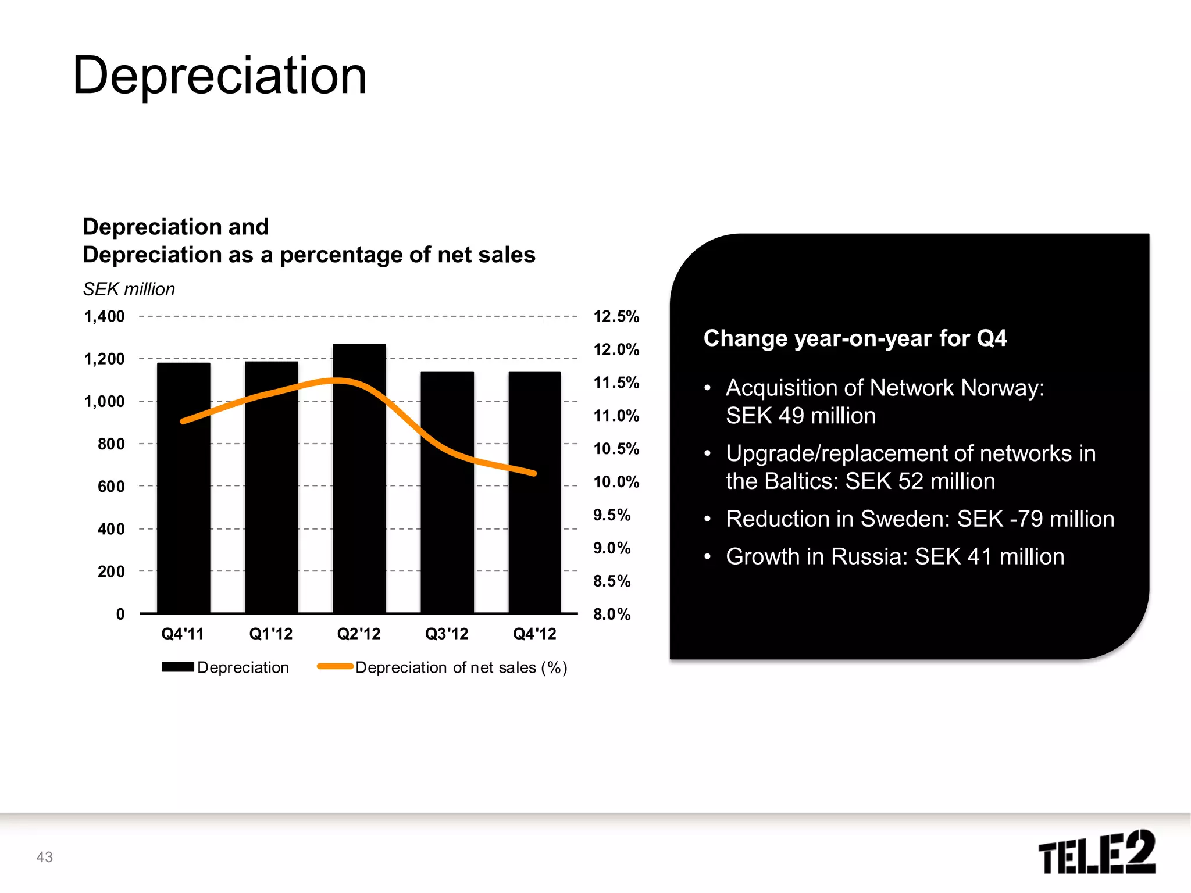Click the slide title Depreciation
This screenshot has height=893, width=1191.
[x=220, y=76]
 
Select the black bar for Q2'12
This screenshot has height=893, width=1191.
[x=359, y=494]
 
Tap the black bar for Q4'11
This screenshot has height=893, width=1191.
[x=183, y=512]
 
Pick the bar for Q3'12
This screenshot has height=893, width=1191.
[x=447, y=523]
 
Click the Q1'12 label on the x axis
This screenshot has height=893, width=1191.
[x=271, y=634]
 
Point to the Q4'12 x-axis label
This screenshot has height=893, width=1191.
[x=534, y=634]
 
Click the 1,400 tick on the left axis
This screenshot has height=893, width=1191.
[x=105, y=317]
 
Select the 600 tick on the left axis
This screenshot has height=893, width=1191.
[x=111, y=487]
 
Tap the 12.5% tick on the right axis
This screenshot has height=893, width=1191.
[x=616, y=317]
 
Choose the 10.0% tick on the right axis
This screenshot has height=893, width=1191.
[x=616, y=482]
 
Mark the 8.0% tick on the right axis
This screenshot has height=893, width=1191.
[x=612, y=615]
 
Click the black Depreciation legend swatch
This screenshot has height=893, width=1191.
[x=178, y=667]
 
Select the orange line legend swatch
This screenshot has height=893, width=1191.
[x=335, y=667]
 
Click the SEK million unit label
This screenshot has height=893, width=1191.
[x=129, y=289]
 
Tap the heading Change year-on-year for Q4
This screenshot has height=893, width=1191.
[x=855, y=338]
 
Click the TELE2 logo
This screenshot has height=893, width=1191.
[x=1097, y=852]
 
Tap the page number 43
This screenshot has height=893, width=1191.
[x=45, y=857]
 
